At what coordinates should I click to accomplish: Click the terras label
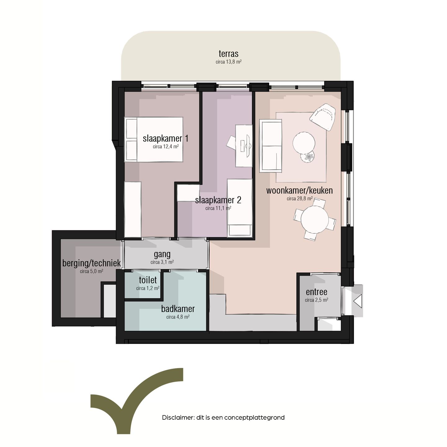click(228, 54)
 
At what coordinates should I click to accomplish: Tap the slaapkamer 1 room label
click(165, 138)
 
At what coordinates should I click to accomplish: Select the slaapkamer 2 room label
click(218, 200)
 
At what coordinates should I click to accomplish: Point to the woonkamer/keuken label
click(299, 190)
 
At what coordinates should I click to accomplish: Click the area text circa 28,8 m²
click(299, 199)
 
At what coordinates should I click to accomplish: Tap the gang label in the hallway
click(162, 255)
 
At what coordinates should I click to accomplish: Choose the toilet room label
click(148, 280)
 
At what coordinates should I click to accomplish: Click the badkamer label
click(178, 309)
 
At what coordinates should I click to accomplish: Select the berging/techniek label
click(91, 263)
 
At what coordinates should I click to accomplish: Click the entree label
click(316, 292)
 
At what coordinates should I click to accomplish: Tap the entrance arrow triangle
click(358, 301)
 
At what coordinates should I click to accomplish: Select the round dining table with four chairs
click(314, 219)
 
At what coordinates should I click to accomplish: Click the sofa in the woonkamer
click(271, 146)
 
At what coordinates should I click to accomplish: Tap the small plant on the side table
click(309, 157)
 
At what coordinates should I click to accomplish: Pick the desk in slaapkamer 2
click(244, 146)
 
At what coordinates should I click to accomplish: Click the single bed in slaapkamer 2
click(239, 207)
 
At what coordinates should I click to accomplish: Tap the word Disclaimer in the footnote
click(178, 418)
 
